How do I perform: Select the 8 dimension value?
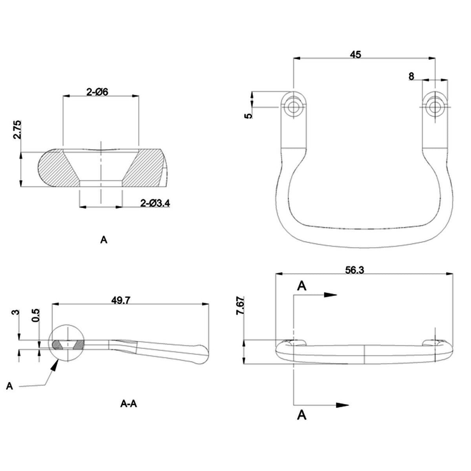pos(411,77)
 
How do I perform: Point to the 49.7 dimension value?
pos(121,300)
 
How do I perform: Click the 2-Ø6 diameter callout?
pos(97,92)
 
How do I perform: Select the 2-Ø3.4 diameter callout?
pos(155,203)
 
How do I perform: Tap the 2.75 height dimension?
pos(17,130)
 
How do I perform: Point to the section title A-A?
pos(128,403)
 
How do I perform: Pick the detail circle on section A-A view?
pos(68,344)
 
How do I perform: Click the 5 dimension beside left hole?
pos(247,116)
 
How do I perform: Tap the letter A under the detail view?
pos(104,240)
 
